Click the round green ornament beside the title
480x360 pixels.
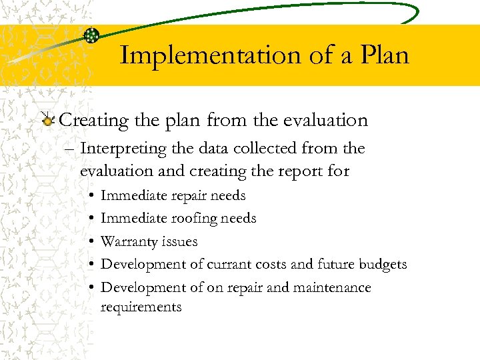pyautogui.click(x=92, y=35)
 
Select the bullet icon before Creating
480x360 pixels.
pyautogui.click(x=47, y=120)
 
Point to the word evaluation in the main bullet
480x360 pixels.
pyautogui.click(x=325, y=121)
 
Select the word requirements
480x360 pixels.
pyautogui.click(x=141, y=307)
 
